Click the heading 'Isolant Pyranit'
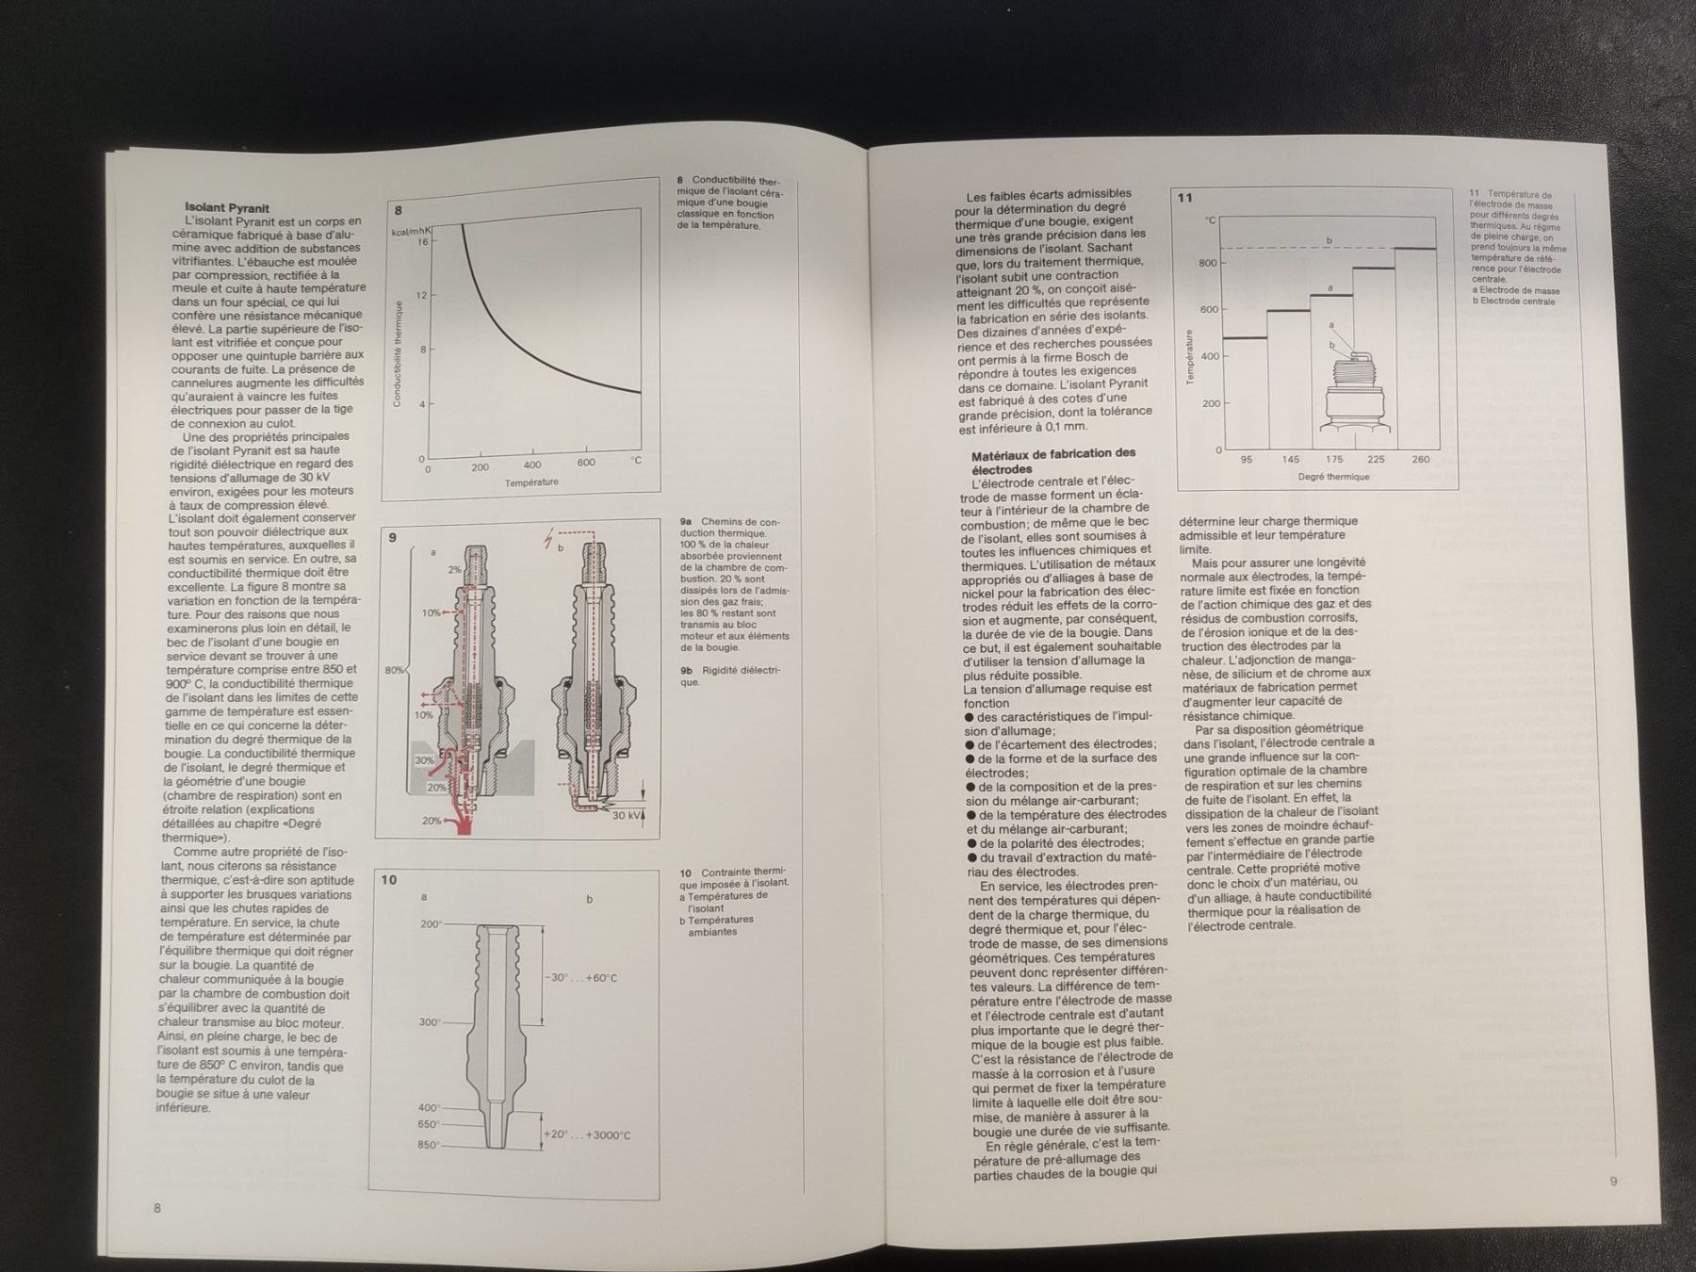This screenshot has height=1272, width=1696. click(227, 208)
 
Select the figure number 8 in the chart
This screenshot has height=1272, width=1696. click(400, 211)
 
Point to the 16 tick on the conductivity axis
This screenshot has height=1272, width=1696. click(422, 242)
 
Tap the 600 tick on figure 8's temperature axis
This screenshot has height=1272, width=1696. click(586, 463)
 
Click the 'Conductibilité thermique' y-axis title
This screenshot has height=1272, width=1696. click(398, 353)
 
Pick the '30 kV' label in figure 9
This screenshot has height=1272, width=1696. click(626, 815)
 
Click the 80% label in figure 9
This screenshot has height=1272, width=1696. click(395, 671)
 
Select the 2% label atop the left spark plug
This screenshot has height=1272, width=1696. click(455, 569)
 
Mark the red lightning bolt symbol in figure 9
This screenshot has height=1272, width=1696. click(548, 540)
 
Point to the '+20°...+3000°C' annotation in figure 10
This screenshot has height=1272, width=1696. click(586, 1135)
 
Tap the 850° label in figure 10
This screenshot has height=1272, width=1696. click(430, 1145)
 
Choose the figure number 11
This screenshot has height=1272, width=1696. click(1185, 198)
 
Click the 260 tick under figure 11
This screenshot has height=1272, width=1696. click(1420, 460)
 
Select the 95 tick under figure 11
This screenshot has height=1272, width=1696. click(1247, 460)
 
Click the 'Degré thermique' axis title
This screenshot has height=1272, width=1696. click(1333, 477)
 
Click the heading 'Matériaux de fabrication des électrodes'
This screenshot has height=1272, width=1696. click(1052, 461)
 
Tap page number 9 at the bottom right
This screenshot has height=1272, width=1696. click(1613, 1182)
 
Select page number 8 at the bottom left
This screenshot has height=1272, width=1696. click(157, 1208)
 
